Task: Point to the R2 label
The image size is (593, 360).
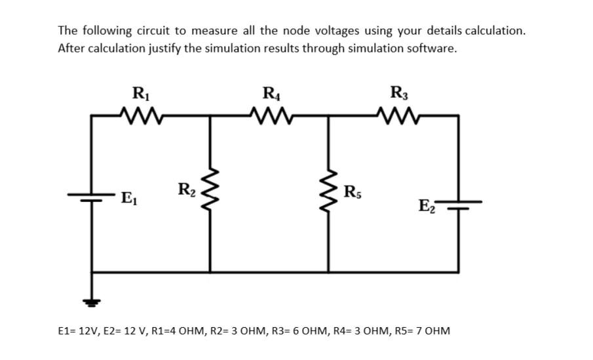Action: (185, 191)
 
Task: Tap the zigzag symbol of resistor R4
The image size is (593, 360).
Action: (270, 116)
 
